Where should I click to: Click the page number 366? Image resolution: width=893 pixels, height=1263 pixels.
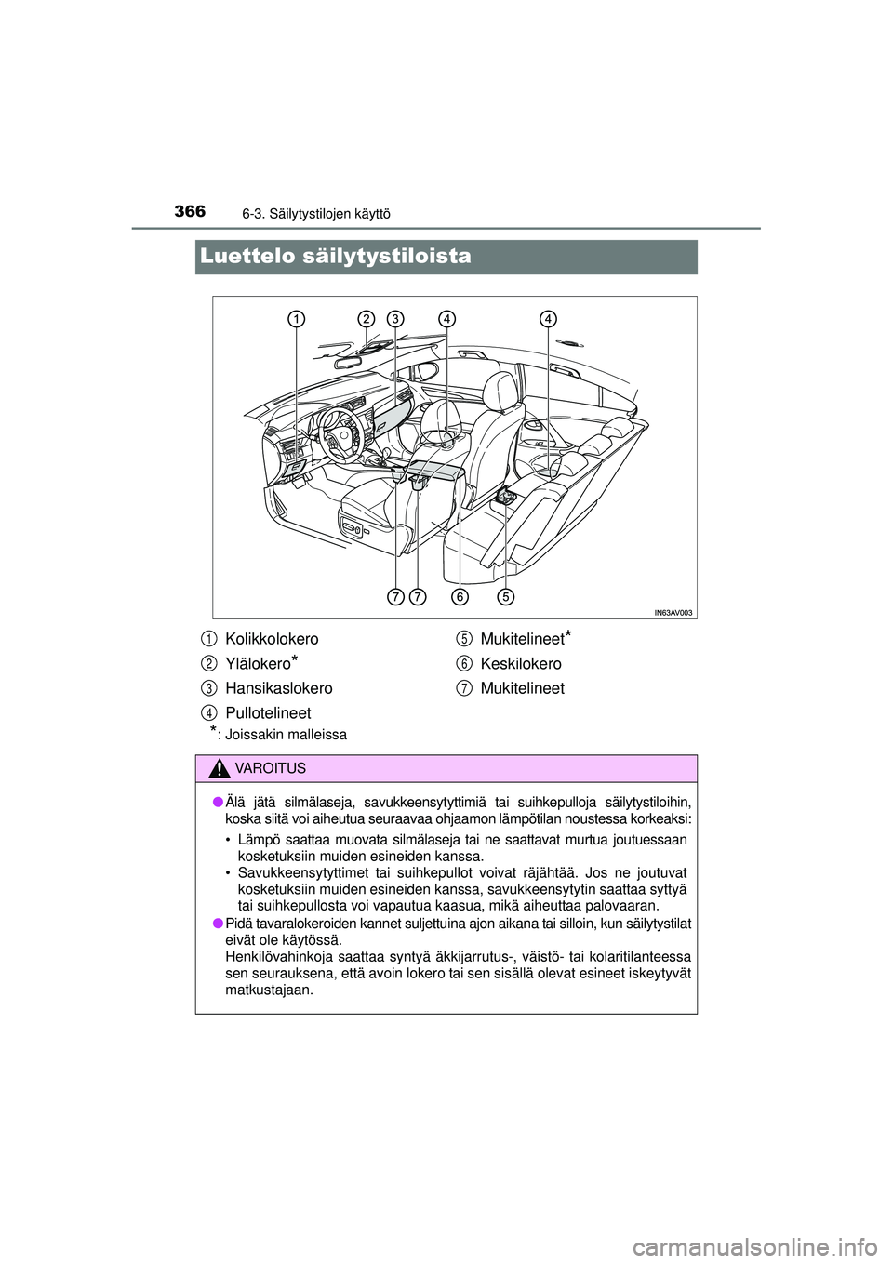click(x=190, y=212)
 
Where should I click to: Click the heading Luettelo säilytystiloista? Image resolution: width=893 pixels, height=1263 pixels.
click(x=335, y=257)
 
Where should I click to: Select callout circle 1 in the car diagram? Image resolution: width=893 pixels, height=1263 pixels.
click(x=296, y=319)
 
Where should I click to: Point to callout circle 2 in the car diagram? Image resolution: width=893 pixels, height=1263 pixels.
click(x=367, y=319)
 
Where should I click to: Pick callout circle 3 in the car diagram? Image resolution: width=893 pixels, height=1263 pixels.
click(x=395, y=319)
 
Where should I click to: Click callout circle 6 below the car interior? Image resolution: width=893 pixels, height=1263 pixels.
click(x=460, y=595)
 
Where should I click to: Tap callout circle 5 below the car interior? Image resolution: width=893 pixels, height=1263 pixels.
click(x=505, y=595)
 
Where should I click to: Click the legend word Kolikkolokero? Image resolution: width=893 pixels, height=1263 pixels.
click(x=272, y=639)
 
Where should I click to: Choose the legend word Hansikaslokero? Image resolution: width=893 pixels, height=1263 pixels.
click(x=278, y=688)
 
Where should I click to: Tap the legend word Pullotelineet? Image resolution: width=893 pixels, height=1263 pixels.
click(x=268, y=713)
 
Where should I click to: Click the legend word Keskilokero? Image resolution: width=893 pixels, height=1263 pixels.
click(x=521, y=664)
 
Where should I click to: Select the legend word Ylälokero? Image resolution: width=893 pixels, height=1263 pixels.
click(x=258, y=664)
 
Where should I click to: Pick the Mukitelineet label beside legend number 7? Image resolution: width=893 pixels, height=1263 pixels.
click(x=522, y=688)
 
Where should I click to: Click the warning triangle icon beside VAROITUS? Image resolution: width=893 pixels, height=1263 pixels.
click(x=220, y=768)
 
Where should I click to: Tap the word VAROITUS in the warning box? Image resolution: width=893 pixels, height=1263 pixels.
click(x=272, y=769)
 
